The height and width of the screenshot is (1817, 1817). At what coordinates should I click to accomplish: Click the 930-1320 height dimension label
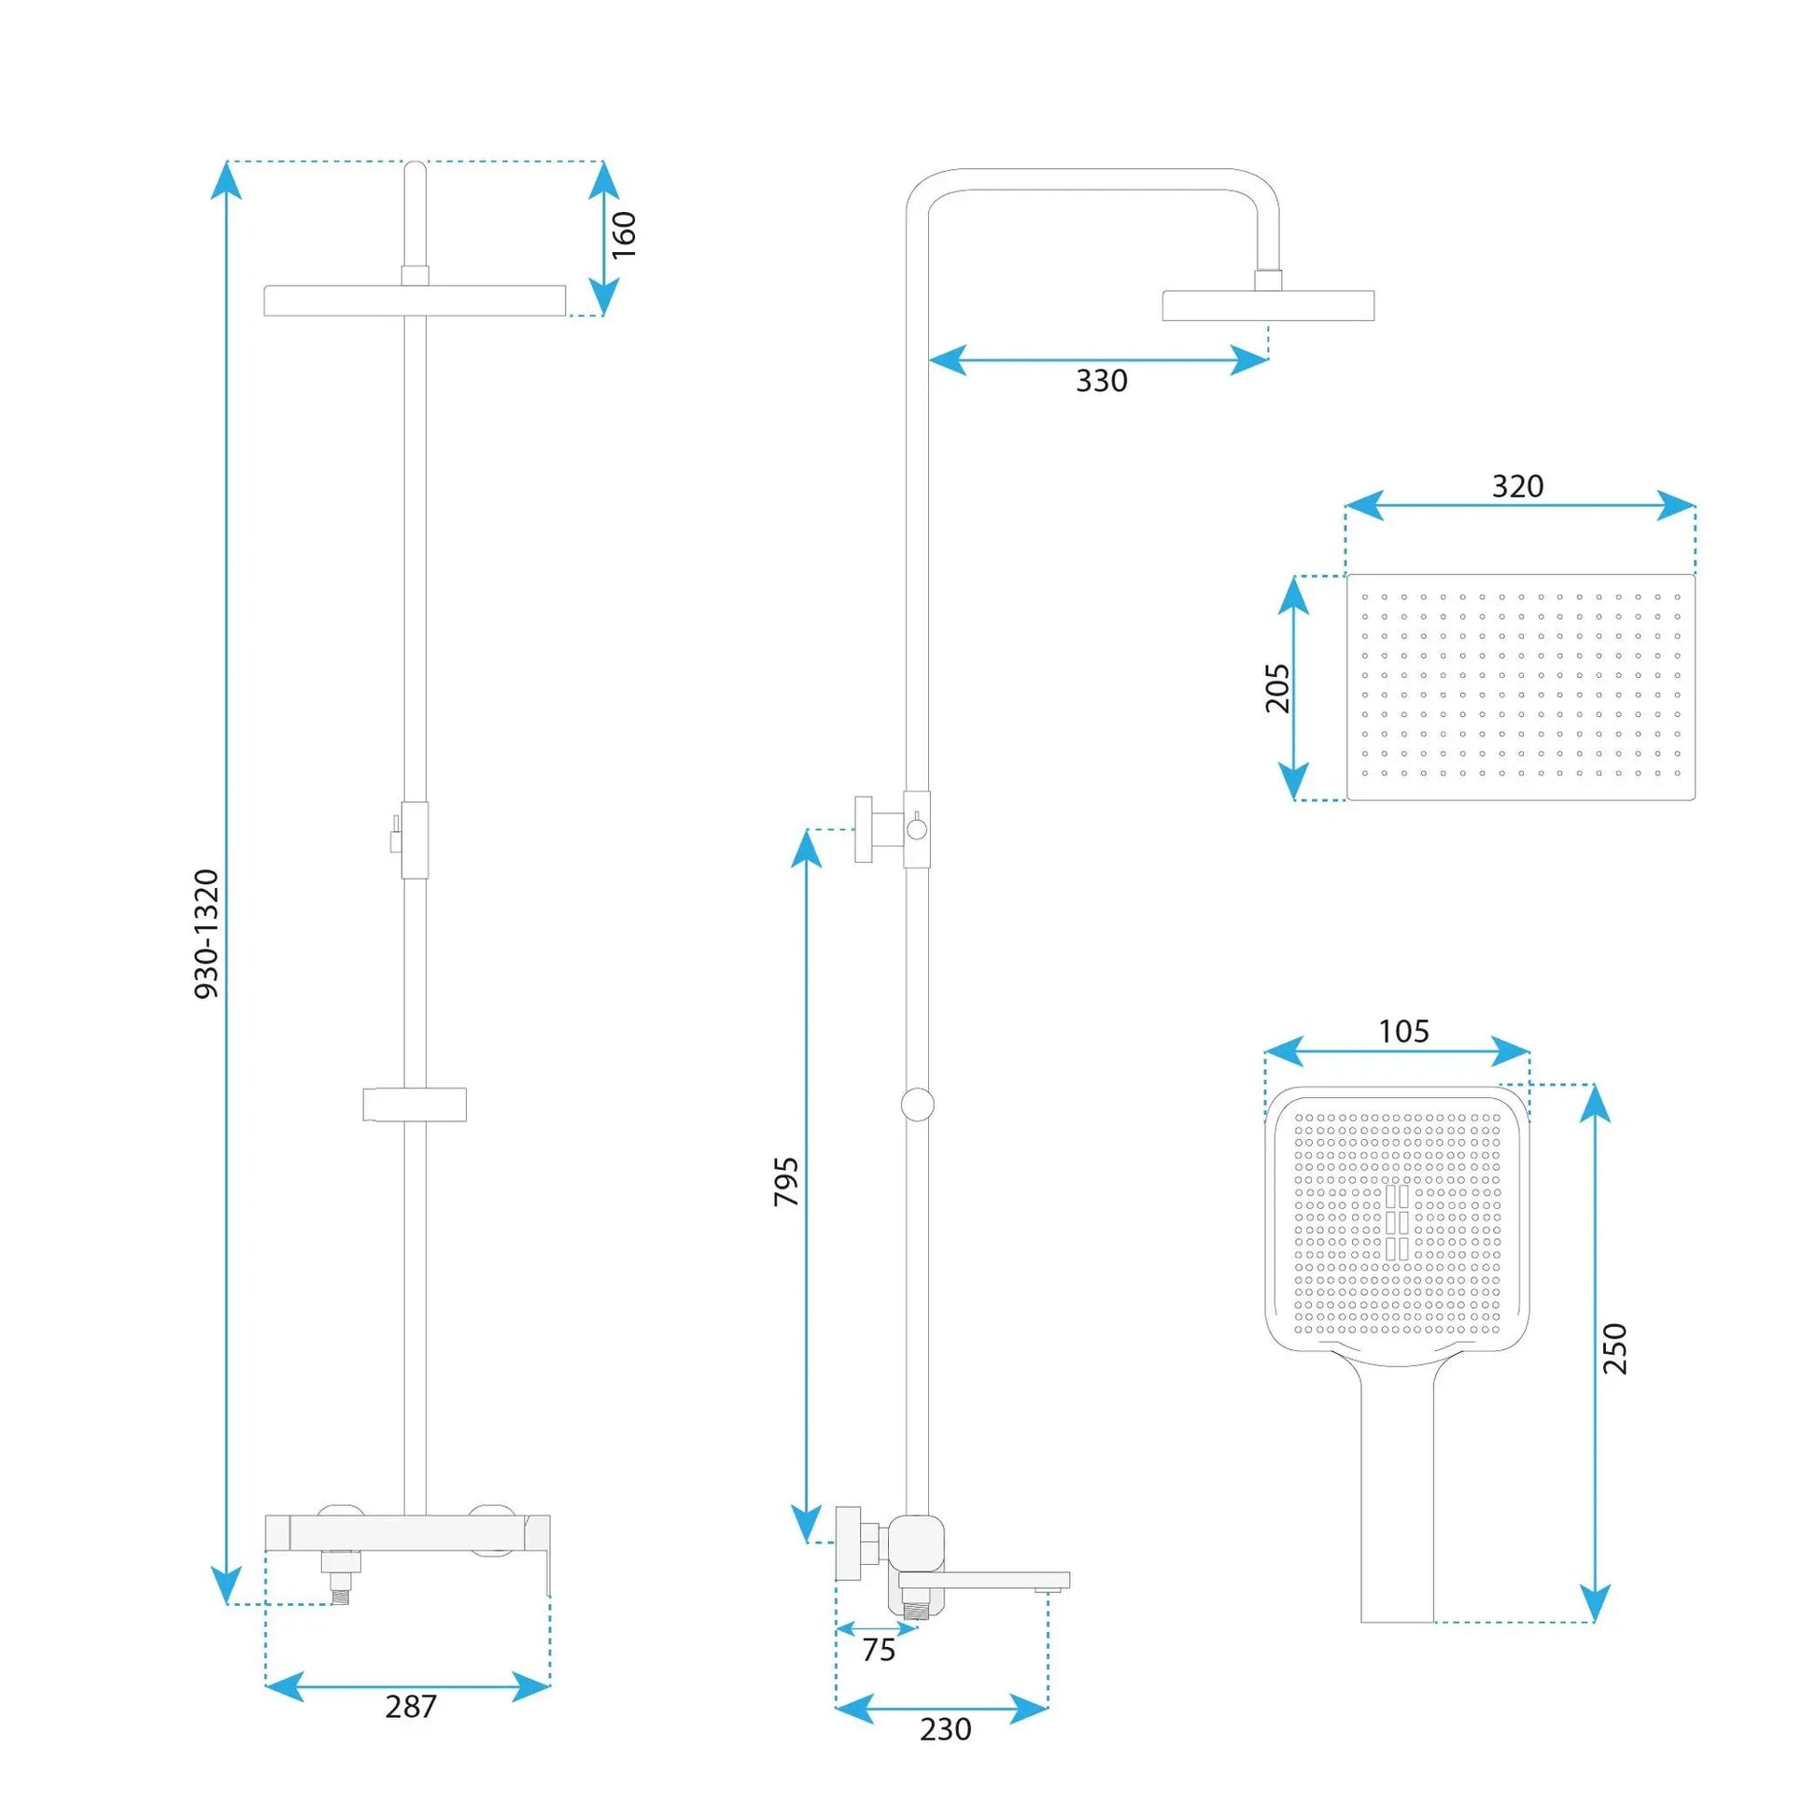tap(207, 934)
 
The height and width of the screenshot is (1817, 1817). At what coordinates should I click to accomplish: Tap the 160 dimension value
tap(624, 235)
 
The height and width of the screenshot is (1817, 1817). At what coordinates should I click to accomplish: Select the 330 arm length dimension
tap(1101, 381)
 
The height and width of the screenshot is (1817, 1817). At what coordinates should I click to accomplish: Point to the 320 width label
tap(1518, 486)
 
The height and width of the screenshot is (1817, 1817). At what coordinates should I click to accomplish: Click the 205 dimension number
tap(1277, 688)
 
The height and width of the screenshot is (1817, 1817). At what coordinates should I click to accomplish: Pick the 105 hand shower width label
tap(1404, 1032)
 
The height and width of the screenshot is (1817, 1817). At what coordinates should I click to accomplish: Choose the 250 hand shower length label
tap(1614, 1348)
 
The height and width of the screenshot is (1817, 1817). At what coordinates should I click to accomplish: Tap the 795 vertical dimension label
tap(786, 1182)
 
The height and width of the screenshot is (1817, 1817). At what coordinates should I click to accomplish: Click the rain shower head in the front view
tap(415, 301)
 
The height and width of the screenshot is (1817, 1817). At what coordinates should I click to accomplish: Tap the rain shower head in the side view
tap(1268, 305)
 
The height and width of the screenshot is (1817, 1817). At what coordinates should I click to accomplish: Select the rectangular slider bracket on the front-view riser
tap(415, 1106)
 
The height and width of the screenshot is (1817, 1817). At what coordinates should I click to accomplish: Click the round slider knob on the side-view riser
tap(917, 1105)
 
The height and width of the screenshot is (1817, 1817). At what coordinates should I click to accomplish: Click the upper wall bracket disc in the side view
tap(864, 828)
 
